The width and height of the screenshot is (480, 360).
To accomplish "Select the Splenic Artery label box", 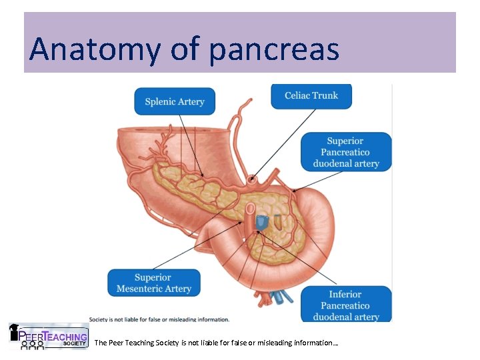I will [x=175, y=101].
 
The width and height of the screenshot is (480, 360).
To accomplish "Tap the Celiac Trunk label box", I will [x=311, y=95].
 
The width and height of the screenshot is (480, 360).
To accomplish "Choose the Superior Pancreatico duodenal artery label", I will [x=346, y=152].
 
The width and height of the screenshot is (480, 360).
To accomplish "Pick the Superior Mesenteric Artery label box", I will [x=154, y=283].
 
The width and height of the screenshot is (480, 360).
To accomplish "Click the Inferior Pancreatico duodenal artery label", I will [x=346, y=305].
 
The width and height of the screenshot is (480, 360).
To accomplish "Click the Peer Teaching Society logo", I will [x=48, y=336].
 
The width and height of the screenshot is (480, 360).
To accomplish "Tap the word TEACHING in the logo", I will [x=65, y=337].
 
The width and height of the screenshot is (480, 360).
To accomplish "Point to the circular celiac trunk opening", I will [x=251, y=179].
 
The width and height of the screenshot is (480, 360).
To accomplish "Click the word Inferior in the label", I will [x=345, y=294].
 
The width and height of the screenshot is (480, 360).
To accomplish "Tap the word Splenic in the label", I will [x=160, y=101].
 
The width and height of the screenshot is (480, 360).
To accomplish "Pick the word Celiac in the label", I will [x=297, y=95].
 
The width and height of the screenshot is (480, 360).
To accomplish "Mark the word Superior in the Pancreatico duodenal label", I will [x=345, y=141].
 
